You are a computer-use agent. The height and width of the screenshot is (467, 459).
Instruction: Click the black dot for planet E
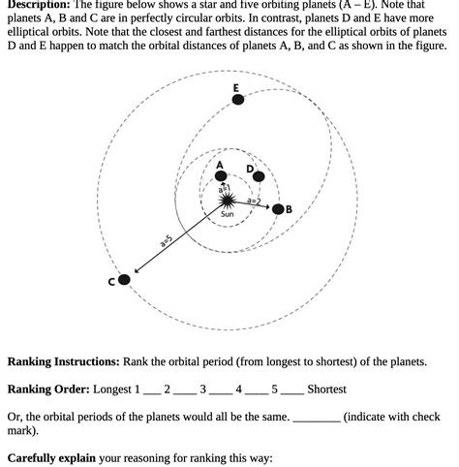237,99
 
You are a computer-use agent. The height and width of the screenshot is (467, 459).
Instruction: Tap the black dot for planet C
123,280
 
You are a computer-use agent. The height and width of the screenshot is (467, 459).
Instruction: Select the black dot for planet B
278,208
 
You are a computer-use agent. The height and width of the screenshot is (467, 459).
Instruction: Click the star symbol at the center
227,199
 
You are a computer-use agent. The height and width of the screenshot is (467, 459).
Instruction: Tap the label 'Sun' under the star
227,214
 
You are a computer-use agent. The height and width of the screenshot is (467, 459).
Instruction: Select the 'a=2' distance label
254,201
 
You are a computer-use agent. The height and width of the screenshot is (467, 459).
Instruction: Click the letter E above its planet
236,87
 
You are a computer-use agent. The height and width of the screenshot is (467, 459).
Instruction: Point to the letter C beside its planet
111,282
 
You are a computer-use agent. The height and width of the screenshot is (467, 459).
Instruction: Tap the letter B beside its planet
289,209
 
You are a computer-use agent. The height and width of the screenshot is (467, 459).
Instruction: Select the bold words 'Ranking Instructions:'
64,361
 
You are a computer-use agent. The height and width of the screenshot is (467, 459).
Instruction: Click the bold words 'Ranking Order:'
48,389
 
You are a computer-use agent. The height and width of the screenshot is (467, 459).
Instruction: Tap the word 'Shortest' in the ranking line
326,389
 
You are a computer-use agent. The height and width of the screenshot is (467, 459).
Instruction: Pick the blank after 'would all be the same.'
316,417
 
